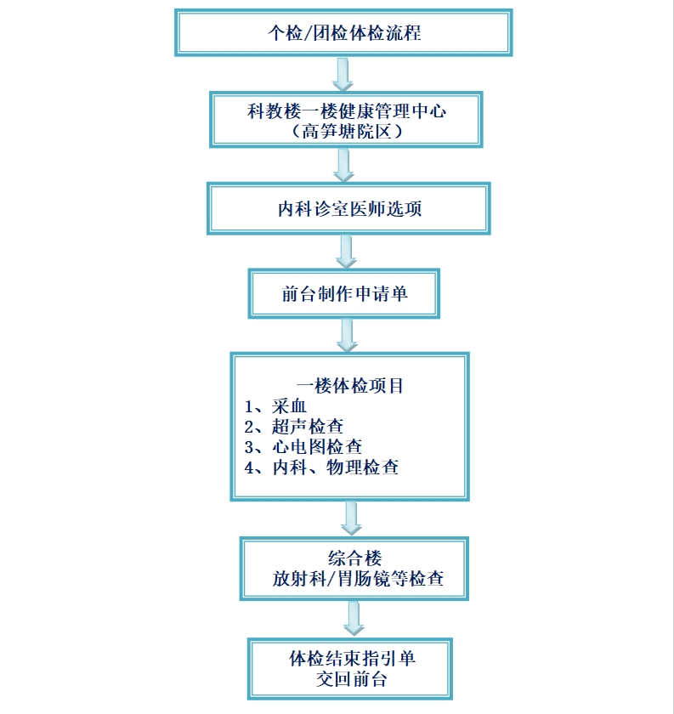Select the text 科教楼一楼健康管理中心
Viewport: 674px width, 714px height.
tap(347, 111)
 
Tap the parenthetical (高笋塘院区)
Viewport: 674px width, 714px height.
tap(347, 132)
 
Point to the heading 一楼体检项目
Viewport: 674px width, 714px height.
tap(350, 386)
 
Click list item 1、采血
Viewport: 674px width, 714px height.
tap(275, 406)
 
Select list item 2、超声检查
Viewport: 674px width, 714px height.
tap(294, 427)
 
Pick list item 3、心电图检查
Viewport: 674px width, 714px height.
tap(303, 447)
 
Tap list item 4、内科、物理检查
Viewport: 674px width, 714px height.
tap(321, 467)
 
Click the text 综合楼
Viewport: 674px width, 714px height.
tap(354, 558)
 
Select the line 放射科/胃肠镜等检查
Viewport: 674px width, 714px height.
tap(358, 579)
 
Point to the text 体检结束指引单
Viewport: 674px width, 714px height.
tap(352, 659)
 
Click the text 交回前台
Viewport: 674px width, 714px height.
tap(352, 679)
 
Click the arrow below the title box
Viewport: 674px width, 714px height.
tap(343, 74)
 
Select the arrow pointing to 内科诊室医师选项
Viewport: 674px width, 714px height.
tap(344, 166)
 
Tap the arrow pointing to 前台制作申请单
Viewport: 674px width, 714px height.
tap(346, 252)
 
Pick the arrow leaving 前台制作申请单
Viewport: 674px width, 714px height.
tap(347, 335)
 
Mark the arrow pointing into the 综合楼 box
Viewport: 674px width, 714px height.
tap(351, 518)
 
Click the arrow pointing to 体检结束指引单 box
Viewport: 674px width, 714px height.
tap(354, 619)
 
